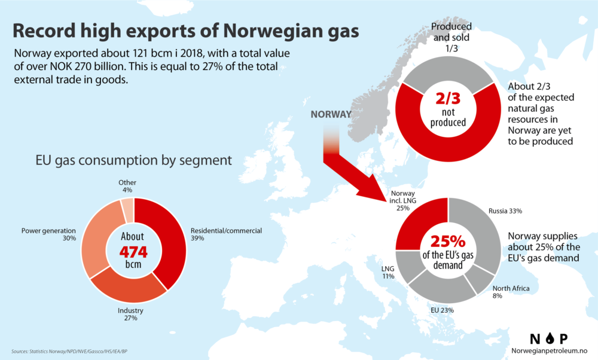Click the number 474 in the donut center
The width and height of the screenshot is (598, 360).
[134, 251]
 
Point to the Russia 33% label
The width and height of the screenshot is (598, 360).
[506, 210]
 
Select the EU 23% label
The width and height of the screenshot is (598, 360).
[442, 310]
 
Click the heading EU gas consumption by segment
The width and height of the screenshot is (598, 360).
[124, 160]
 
